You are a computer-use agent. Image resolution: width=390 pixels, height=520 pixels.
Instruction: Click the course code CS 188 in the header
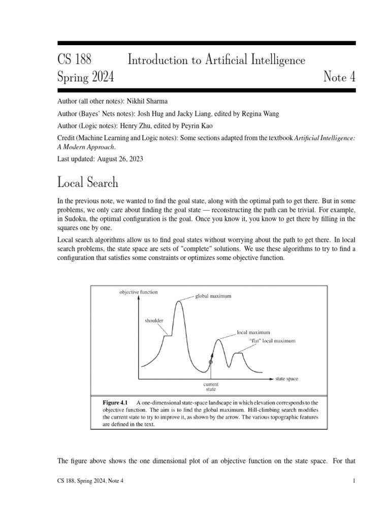(x=75, y=60)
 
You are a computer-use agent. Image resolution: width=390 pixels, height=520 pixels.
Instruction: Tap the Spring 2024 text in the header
(x=86, y=78)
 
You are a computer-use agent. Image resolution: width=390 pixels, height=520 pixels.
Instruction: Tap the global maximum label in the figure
(x=214, y=296)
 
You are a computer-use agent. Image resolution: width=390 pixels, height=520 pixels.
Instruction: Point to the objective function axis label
(x=139, y=292)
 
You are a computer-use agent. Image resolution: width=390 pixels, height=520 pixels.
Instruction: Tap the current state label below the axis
(x=211, y=387)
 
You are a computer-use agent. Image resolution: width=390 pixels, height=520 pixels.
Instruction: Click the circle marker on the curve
(x=211, y=362)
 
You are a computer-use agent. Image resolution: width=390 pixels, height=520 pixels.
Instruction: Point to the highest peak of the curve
(x=178, y=302)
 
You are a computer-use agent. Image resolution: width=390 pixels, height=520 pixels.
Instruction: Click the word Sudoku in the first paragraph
(x=76, y=218)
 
